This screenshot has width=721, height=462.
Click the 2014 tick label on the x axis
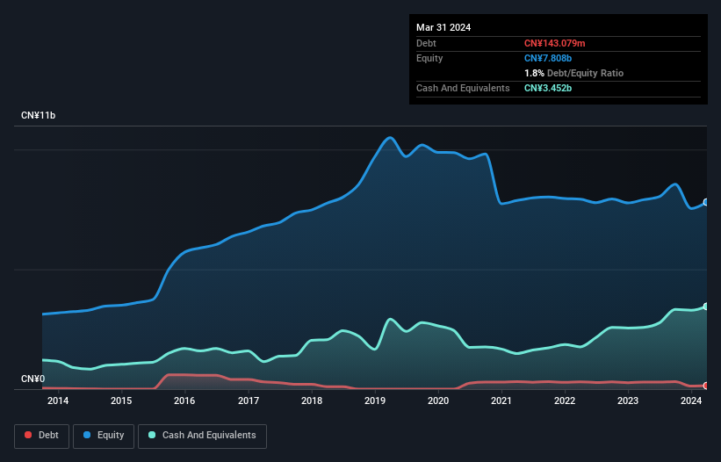click(58, 401)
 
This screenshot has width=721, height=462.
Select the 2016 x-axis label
click(184, 401)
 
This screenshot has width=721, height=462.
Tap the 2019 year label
click(375, 401)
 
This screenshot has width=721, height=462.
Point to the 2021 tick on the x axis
click(501, 401)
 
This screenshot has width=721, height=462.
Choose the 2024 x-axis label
click(691, 401)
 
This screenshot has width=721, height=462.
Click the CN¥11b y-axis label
click(38, 116)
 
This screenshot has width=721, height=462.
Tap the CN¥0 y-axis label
click(32, 379)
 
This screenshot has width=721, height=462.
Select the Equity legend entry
click(104, 436)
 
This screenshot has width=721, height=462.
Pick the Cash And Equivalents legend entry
click(202, 436)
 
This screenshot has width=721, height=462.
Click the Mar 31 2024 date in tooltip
click(443, 27)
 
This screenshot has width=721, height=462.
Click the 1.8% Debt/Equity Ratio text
click(573, 73)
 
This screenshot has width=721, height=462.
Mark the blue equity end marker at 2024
click(706, 202)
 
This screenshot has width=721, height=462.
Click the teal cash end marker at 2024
click(706, 307)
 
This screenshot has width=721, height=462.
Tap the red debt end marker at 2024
click(706, 386)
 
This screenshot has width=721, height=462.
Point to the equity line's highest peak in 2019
click(390, 137)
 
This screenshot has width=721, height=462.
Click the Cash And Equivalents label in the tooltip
click(463, 88)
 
